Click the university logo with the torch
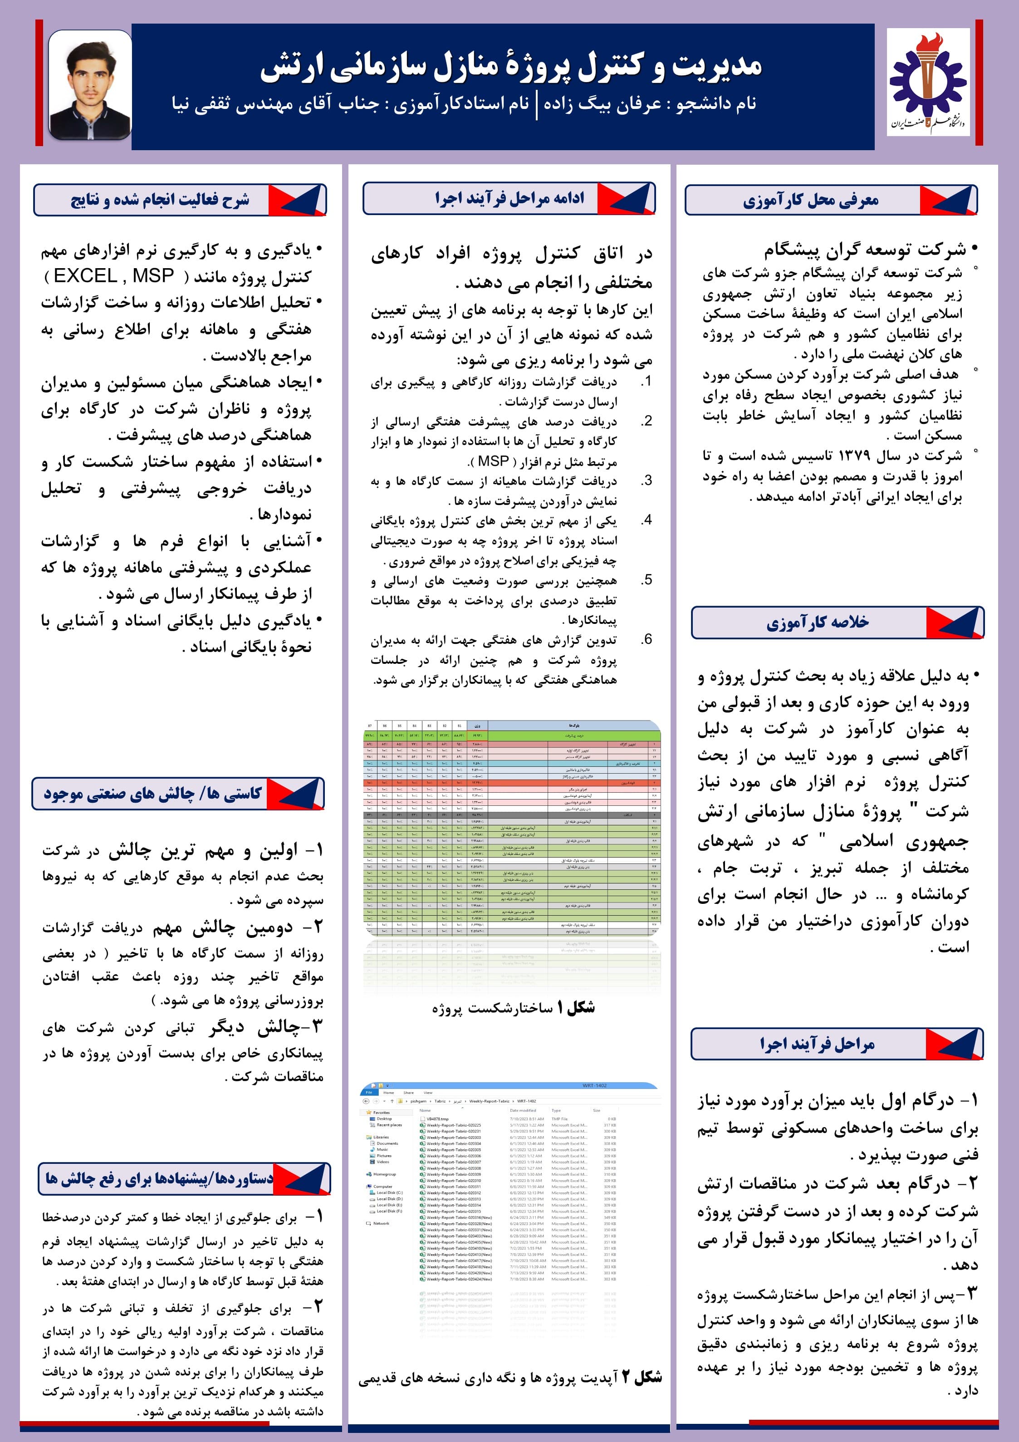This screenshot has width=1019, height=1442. (928, 85)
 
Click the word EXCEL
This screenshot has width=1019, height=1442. (85, 276)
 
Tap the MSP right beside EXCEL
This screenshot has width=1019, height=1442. (153, 276)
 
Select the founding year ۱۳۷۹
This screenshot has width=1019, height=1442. (852, 456)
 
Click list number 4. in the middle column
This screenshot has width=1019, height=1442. (646, 520)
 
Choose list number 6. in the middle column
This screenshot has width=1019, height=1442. (646, 639)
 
